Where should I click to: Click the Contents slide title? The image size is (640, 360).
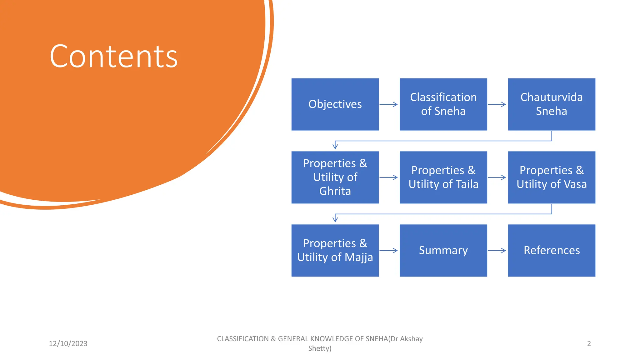[x=113, y=57]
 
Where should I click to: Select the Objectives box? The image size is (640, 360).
[x=335, y=104]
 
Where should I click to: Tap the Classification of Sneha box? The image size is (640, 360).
[x=443, y=104]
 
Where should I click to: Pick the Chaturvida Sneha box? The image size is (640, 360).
[x=551, y=104]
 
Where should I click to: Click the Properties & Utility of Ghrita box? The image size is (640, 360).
[x=335, y=177]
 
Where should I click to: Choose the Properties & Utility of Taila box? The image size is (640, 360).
[x=443, y=177]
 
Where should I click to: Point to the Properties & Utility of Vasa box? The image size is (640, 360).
[x=551, y=177]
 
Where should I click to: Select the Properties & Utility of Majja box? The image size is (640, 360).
[x=335, y=250]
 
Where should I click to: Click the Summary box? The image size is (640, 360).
[x=443, y=250]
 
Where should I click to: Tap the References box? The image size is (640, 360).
[x=551, y=250]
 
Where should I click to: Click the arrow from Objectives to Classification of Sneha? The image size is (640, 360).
[x=388, y=104]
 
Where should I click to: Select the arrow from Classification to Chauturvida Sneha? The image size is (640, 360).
[x=497, y=104]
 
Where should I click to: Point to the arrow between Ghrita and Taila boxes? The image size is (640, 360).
[x=388, y=177]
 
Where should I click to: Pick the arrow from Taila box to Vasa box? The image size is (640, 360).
[x=497, y=177]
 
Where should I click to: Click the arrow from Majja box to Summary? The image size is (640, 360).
[x=388, y=250]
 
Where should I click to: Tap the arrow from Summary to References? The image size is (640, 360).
[x=497, y=250]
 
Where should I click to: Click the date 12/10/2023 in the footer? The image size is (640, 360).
[x=68, y=344]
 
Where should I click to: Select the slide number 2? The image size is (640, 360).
[x=589, y=344]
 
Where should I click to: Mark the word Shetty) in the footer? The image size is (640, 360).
[x=320, y=348]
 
